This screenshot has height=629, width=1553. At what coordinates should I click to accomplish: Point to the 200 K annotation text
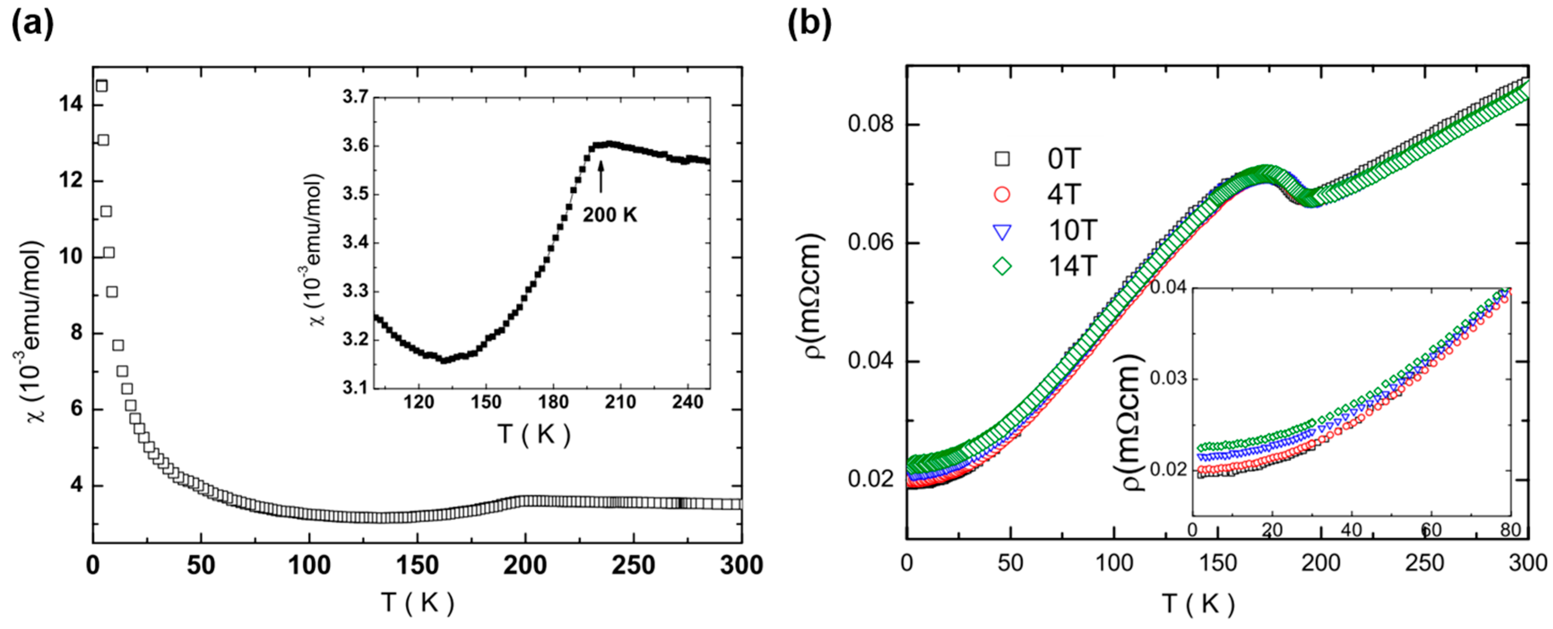[x=609, y=214]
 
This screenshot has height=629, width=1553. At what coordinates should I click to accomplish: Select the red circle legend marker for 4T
[x=1002, y=195]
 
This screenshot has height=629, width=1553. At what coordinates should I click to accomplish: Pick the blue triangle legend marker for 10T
[x=1002, y=231]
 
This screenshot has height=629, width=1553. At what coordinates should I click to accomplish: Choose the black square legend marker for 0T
[x=1002, y=159]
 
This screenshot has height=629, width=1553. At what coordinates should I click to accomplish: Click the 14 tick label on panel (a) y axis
[x=71, y=104]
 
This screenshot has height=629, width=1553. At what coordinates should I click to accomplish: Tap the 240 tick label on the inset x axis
[x=687, y=402]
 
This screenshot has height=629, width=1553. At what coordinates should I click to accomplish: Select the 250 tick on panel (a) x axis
[x=633, y=565]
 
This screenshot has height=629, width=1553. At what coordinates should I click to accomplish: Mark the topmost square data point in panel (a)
[x=102, y=86]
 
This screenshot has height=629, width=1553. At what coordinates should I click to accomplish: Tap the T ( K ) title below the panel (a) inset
[x=534, y=434]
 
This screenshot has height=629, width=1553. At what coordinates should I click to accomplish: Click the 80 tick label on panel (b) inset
[x=1510, y=530]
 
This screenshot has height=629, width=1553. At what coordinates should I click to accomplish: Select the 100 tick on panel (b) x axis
[x=1113, y=563]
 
